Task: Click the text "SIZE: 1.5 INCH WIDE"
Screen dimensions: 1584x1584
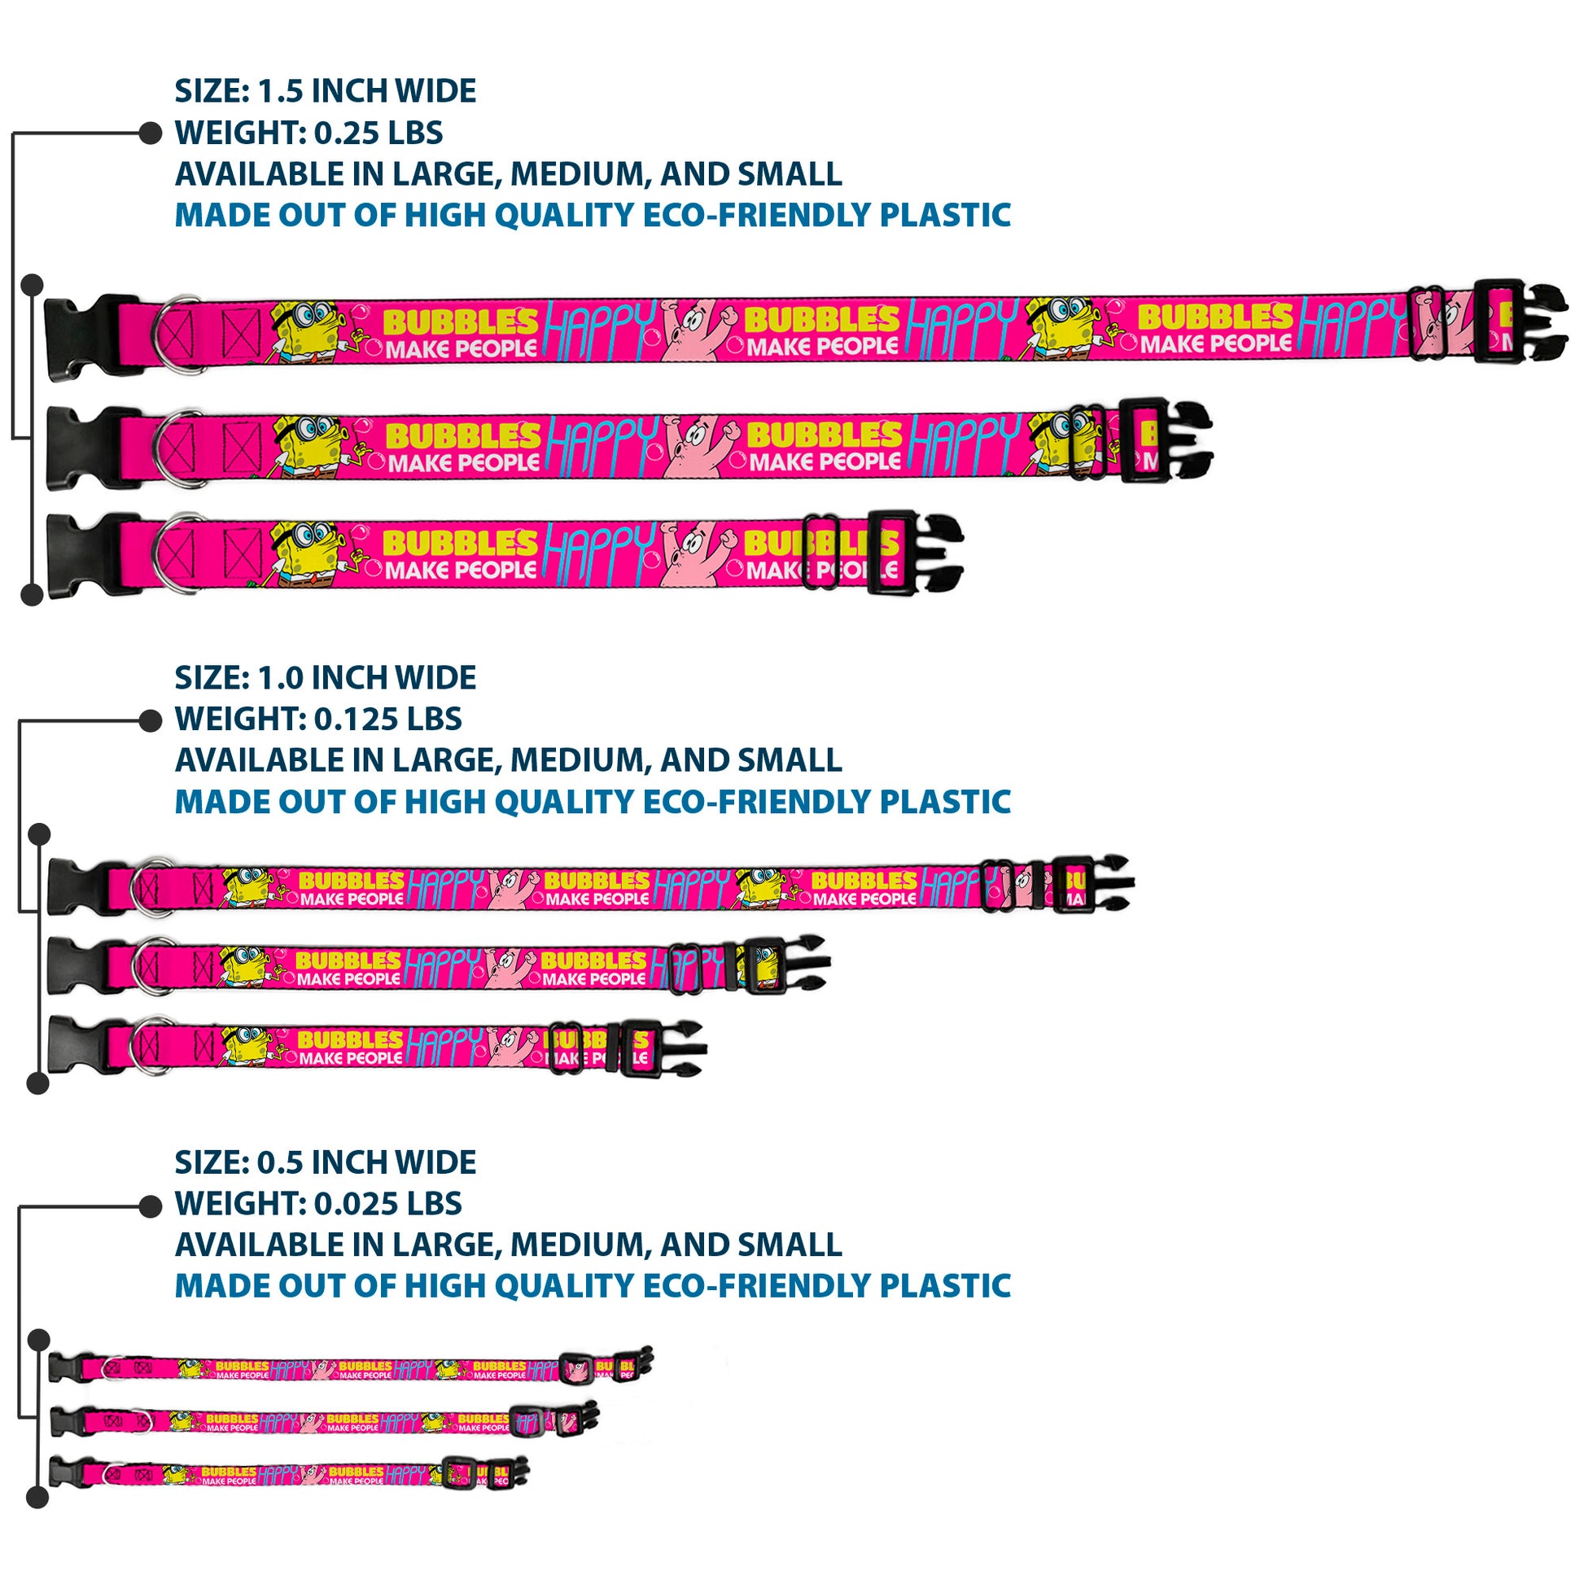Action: tap(325, 91)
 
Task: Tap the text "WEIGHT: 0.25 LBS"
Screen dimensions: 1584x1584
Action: tap(308, 133)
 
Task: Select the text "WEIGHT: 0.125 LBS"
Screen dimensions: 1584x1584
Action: tap(318, 719)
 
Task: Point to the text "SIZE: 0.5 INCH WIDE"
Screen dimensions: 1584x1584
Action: tap(325, 1162)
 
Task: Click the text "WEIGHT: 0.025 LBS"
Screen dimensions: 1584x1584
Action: tap(318, 1204)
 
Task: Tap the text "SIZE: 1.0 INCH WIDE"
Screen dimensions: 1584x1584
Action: tap(325, 678)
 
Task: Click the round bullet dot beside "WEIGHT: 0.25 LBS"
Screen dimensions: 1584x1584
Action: tap(150, 133)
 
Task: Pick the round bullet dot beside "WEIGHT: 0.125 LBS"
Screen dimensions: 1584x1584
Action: tap(150, 720)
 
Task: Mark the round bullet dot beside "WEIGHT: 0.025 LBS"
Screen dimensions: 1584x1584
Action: tap(150, 1206)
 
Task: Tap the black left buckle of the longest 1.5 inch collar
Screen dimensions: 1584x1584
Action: tap(82, 336)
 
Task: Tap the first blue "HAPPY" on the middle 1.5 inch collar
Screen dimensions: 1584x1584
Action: tap(602, 444)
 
